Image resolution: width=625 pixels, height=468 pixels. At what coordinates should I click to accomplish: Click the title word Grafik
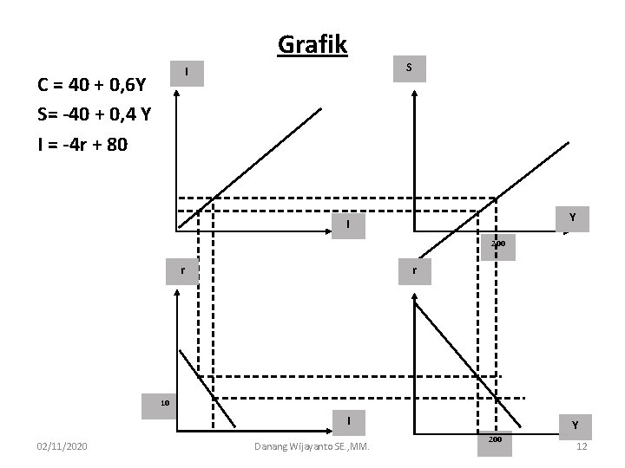tap(312, 43)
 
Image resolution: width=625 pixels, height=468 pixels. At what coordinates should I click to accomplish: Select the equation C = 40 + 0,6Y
tap(91, 86)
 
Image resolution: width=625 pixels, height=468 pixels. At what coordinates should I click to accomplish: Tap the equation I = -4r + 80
tap(82, 144)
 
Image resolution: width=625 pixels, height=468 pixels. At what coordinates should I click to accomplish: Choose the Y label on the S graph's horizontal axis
tap(573, 218)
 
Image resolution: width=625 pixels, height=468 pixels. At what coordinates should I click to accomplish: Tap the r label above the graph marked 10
tap(183, 270)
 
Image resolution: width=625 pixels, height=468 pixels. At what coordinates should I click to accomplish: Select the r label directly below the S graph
tap(416, 270)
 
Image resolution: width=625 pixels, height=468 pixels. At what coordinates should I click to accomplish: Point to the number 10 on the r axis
tap(163, 402)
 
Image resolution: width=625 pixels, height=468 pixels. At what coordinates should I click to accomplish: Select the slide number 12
tap(582, 445)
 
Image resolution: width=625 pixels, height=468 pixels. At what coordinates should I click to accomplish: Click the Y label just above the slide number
tap(574, 426)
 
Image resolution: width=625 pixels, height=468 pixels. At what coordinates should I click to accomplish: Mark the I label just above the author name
tap(348, 420)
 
